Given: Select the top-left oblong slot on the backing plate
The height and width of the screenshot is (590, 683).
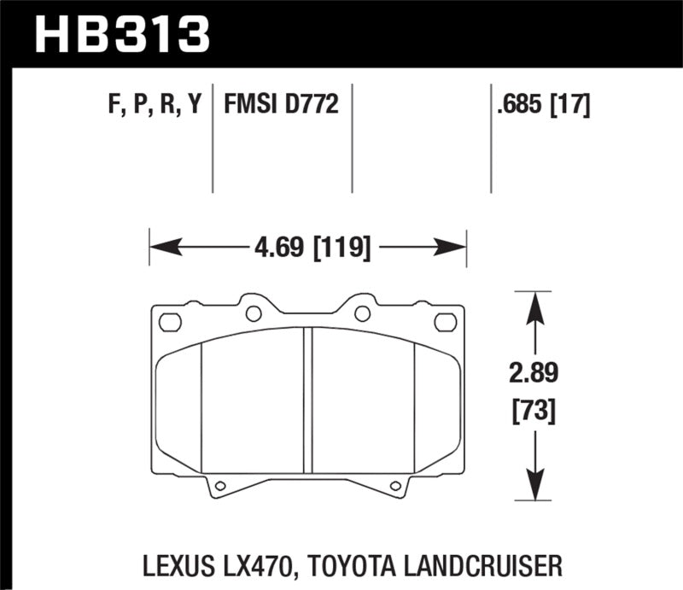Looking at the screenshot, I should [x=171, y=322].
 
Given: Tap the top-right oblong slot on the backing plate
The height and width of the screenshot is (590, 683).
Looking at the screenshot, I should [x=446, y=322].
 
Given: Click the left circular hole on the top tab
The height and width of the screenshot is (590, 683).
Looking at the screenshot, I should [x=254, y=313].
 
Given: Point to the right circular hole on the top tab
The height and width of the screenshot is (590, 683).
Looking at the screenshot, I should [x=362, y=313].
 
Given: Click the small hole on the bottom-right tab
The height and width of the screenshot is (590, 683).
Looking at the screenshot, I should [x=394, y=487].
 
